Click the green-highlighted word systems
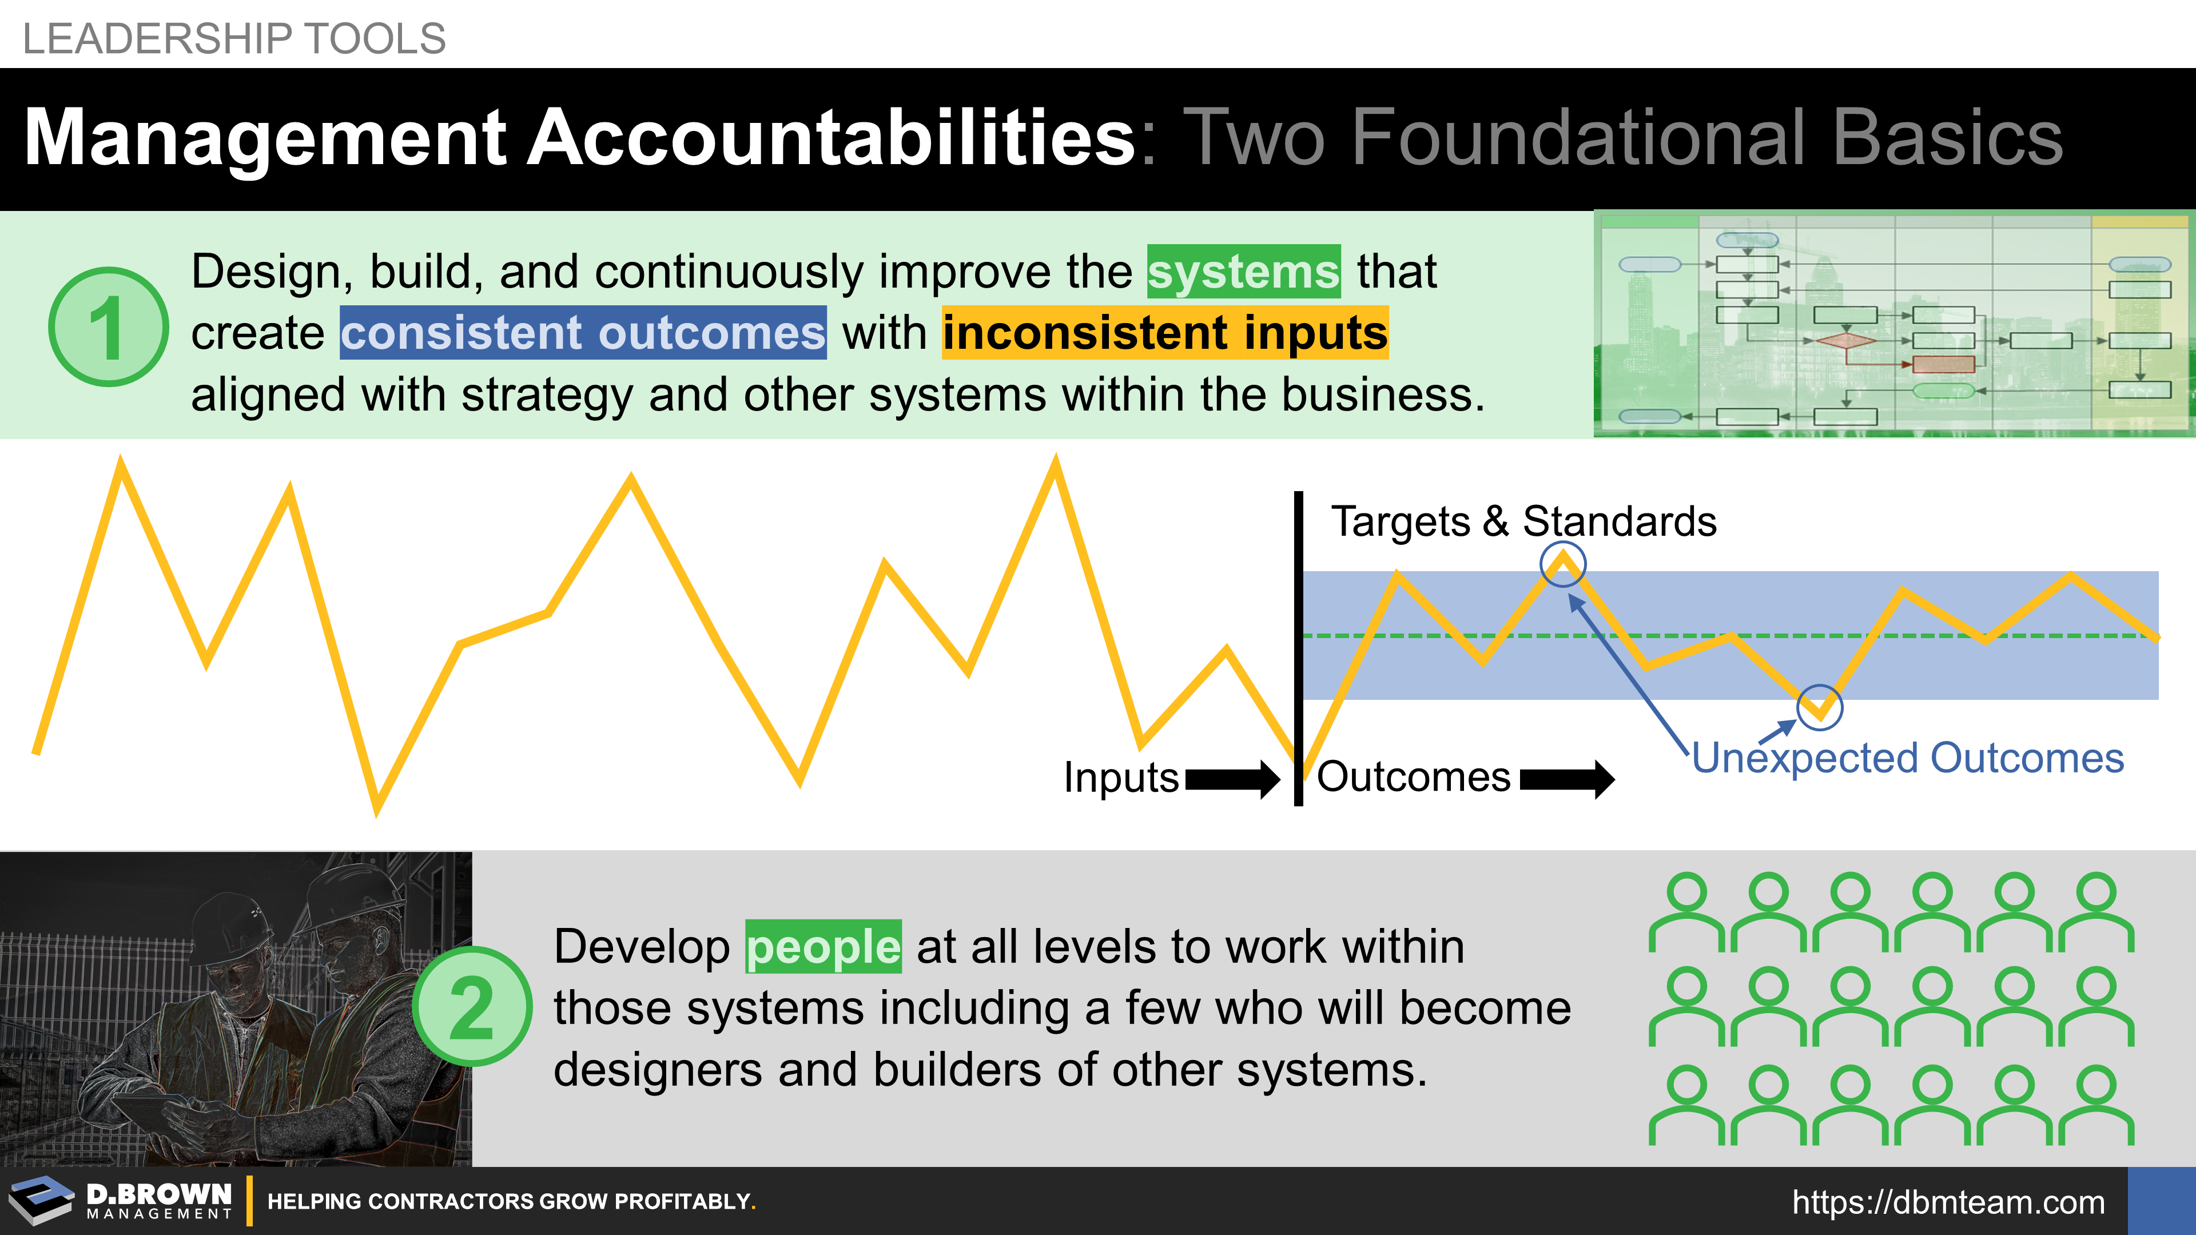coord(1244,272)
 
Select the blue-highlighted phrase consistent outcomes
coord(583,332)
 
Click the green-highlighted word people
coord(823,947)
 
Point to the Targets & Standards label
coord(1524,521)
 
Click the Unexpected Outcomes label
coord(1908,758)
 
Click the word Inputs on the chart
coord(1121,778)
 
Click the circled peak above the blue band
coord(1562,563)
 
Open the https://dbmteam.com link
coord(1948,1202)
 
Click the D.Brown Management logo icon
coord(41,1200)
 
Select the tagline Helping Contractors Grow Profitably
coord(511,1202)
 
